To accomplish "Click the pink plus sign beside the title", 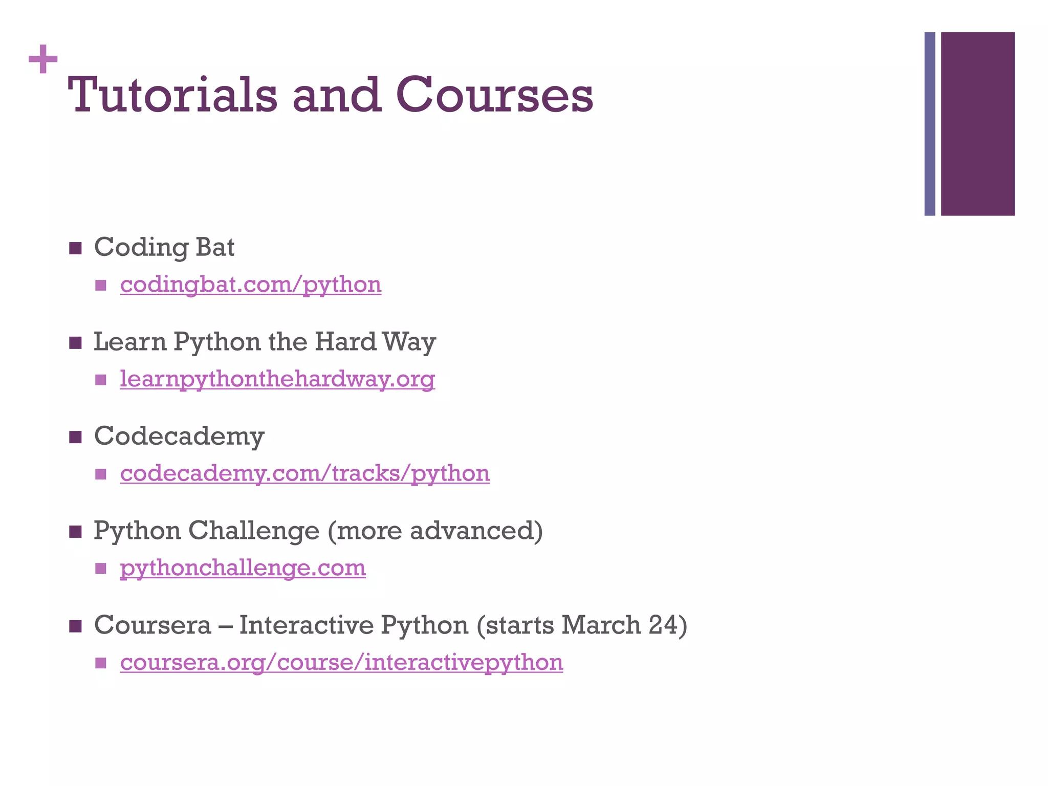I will (43, 59).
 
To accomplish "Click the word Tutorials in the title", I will (172, 95).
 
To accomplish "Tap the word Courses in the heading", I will (494, 95).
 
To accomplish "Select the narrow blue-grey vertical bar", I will (929, 124).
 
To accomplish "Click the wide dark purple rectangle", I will (977, 124).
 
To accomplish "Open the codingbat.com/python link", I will (251, 285).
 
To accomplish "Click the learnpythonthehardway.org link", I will (277, 379).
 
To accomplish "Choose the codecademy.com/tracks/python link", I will (305, 473).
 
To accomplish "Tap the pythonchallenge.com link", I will (243, 568).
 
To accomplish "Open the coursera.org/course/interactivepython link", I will (341, 662).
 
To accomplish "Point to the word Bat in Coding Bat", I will (215, 247).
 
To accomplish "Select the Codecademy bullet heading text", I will (179, 436).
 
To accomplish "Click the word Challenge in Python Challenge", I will (254, 531).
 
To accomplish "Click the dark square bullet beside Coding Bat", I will (76, 249).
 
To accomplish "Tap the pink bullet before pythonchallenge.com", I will (101, 569).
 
